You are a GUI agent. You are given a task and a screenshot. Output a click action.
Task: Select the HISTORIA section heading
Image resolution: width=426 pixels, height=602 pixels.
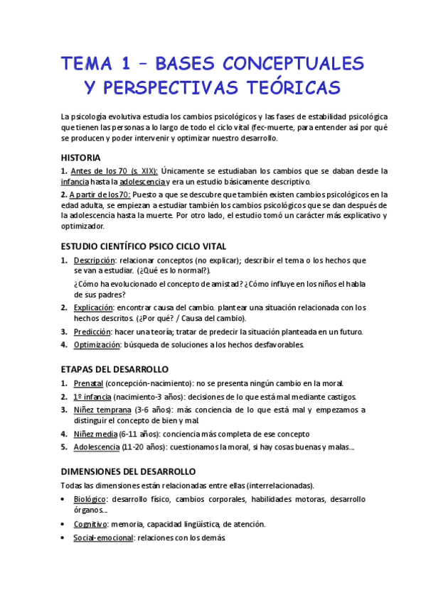[80, 157]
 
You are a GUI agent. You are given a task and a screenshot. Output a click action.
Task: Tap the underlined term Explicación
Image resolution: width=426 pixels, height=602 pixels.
[93, 307]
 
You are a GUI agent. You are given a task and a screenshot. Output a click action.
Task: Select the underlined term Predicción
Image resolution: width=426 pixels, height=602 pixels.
[92, 332]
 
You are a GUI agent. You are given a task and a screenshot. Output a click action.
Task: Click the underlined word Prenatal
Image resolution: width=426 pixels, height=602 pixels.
[88, 383]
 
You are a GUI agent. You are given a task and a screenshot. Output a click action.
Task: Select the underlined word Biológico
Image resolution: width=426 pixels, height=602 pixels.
[90, 499]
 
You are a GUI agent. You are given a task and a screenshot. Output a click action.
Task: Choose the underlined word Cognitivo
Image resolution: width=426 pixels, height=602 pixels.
[90, 524]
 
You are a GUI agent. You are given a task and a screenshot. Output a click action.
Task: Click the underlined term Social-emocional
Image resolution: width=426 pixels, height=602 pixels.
[103, 537]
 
